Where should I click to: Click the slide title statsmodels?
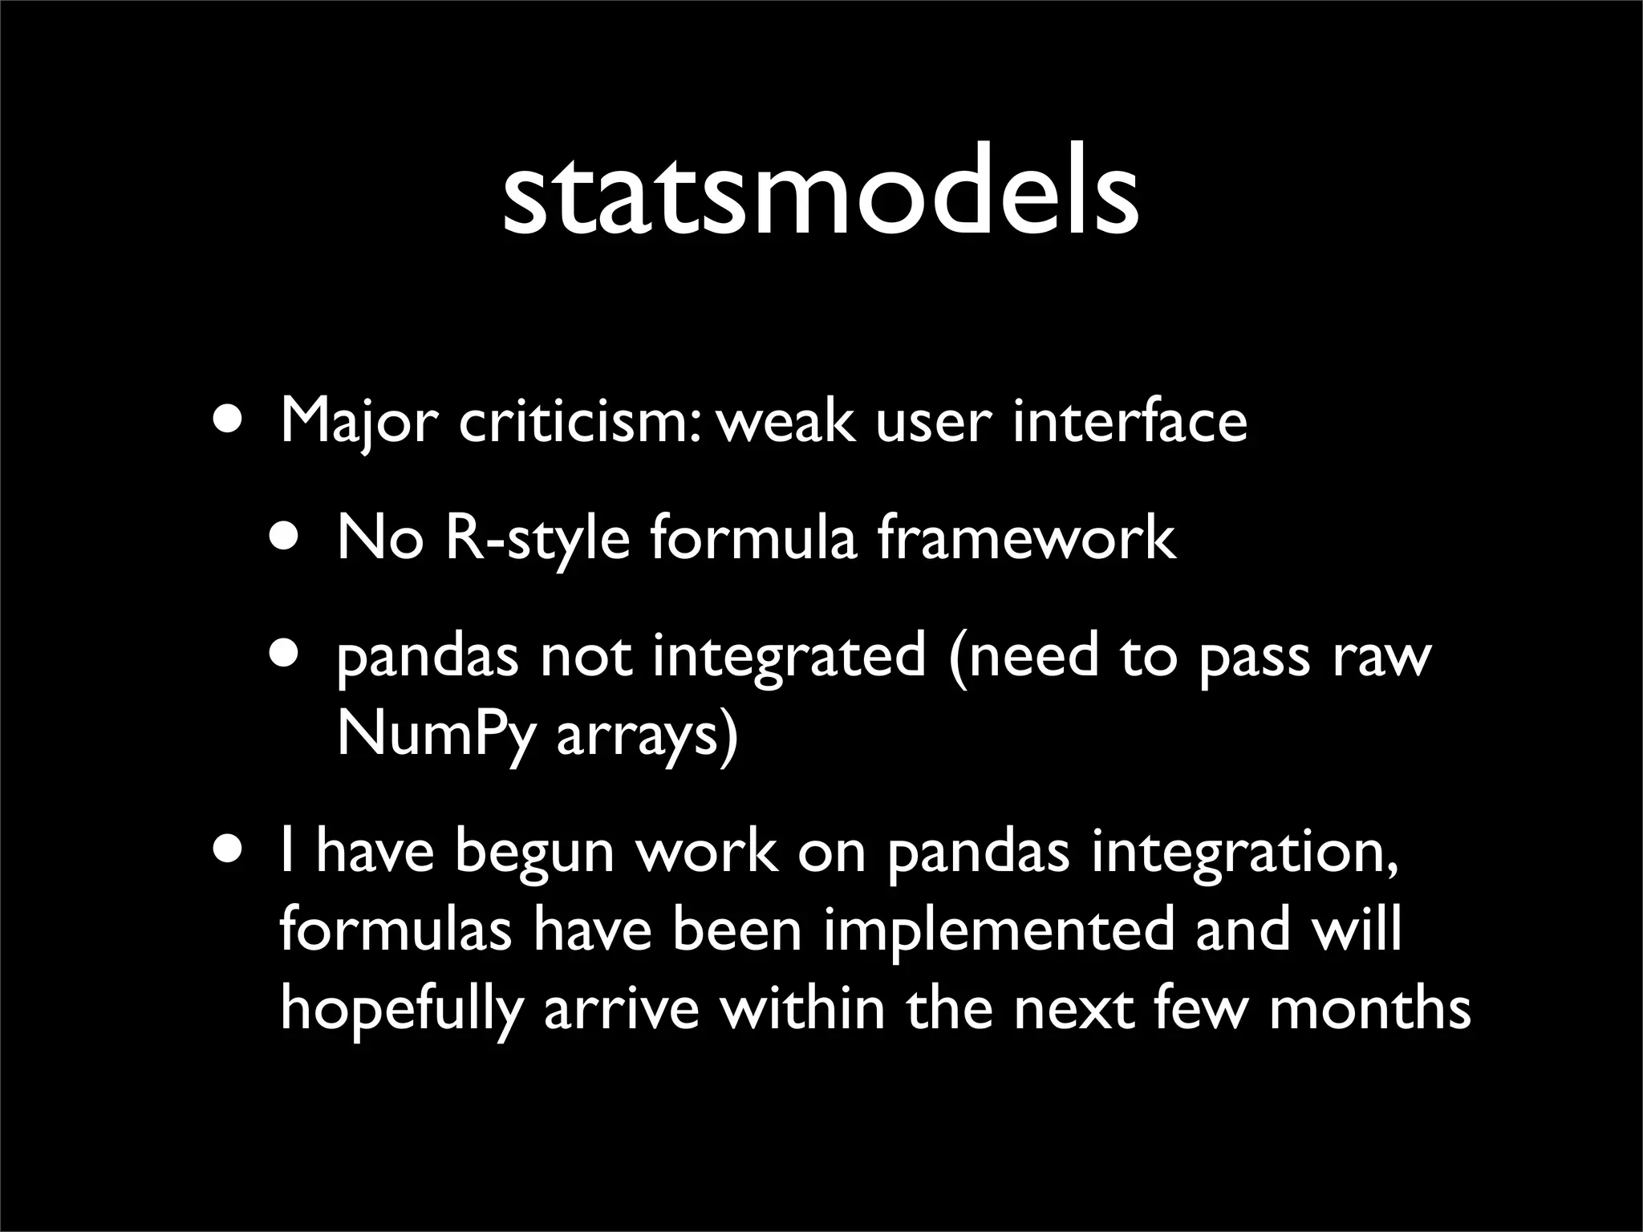click(820, 197)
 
